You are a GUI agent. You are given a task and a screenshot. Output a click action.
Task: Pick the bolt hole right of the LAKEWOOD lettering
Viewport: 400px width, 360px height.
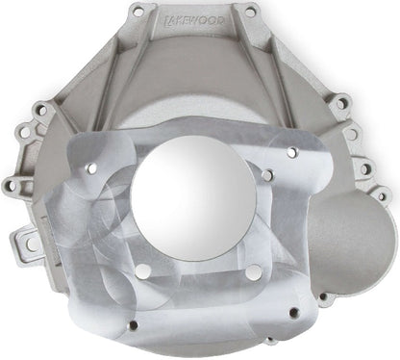[252, 13]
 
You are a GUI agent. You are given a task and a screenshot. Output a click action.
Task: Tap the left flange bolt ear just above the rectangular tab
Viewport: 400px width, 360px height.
[12, 184]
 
